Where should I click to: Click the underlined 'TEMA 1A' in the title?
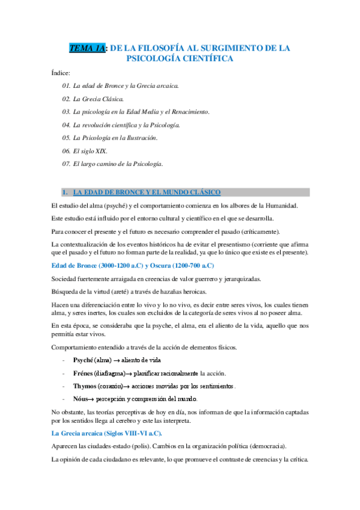87,48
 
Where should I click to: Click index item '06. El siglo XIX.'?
85,151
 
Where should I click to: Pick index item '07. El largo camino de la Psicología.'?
112,164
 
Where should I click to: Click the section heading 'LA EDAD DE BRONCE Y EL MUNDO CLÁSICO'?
147,192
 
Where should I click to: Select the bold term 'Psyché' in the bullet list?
84,360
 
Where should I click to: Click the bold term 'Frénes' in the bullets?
84,373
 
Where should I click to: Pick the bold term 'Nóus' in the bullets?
81,399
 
